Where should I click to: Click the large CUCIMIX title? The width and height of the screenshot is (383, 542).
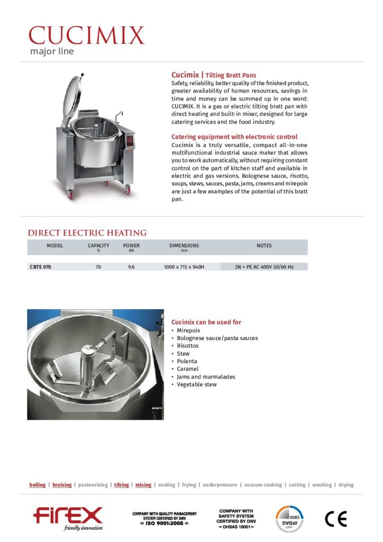coord(86,35)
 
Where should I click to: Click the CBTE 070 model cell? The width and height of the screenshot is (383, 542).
coord(41,267)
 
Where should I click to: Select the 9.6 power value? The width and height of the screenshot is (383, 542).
coord(131,267)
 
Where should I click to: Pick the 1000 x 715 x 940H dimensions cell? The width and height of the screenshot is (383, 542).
coord(184,267)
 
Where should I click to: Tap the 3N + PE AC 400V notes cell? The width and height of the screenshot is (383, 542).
coord(264,267)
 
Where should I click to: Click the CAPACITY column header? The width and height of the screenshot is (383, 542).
coord(98,246)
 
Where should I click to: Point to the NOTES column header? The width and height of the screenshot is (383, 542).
coord(264,246)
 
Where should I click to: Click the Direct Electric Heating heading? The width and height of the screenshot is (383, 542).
coord(87,233)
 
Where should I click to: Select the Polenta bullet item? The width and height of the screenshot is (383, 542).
coord(187,361)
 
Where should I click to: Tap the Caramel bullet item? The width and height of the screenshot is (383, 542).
coord(188,369)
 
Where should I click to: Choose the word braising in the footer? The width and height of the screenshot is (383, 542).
coord(62,485)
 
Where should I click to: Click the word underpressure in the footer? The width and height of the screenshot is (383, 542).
coord(219,485)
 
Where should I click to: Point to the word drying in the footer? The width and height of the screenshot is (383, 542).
coord(346,485)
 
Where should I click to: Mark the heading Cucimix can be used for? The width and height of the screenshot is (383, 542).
coord(206,322)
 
